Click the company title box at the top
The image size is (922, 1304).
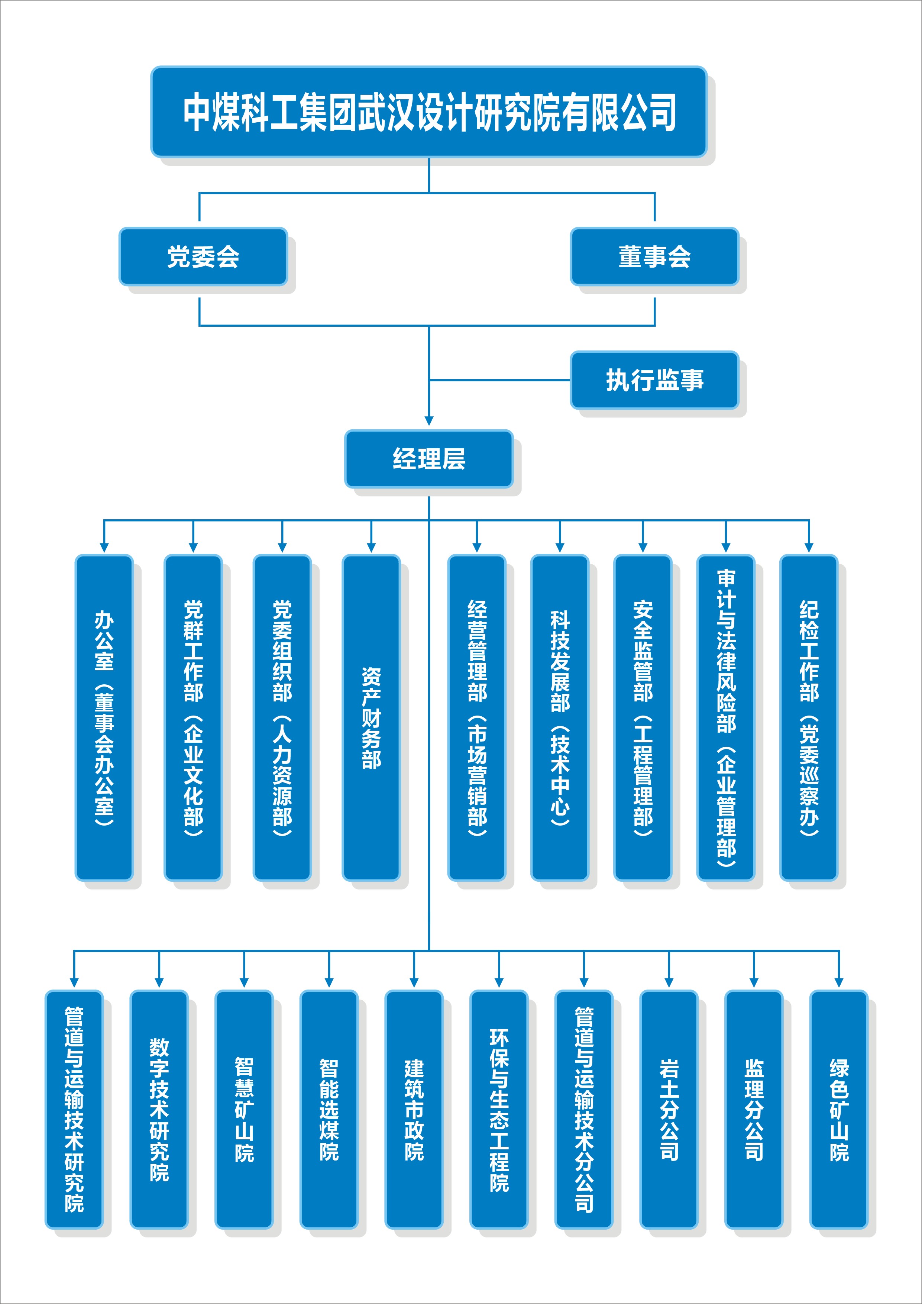pos(428,112)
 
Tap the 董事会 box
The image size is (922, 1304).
pos(654,257)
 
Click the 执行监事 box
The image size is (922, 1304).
pos(654,380)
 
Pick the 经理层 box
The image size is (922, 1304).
pos(428,459)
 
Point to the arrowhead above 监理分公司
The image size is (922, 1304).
pos(754,982)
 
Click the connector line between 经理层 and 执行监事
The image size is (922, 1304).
pos(499,380)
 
